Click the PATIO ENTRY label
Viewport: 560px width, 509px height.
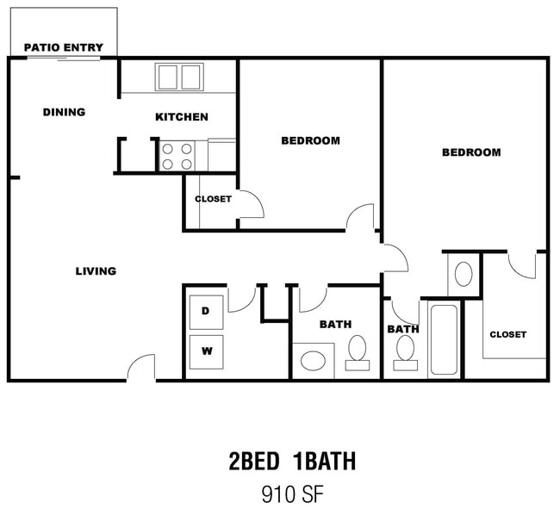click(64, 47)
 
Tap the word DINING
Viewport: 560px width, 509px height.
click(64, 112)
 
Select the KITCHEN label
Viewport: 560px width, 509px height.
click(182, 117)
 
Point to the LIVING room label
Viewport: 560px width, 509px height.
click(96, 271)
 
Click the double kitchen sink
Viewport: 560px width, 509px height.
click(179, 77)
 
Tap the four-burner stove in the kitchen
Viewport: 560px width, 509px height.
click(177, 156)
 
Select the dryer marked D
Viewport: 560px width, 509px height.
click(206, 312)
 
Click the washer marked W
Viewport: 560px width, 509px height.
click(207, 352)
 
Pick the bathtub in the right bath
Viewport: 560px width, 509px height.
click(444, 339)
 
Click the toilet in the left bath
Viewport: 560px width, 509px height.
click(358, 352)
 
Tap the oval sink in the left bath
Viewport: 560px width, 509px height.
click(314, 360)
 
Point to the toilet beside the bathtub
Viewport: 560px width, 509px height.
click(406, 352)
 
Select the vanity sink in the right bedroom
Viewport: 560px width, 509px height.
click(464, 274)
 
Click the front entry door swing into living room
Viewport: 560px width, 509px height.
click(141, 367)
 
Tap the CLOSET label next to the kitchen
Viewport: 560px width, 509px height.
click(213, 199)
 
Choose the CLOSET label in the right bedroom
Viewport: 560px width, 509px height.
click(507, 334)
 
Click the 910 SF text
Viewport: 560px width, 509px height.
click(293, 494)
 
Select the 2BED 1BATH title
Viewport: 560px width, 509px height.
click(292, 461)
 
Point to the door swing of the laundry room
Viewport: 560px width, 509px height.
click(242, 300)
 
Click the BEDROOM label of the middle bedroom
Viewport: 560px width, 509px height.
click(310, 140)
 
